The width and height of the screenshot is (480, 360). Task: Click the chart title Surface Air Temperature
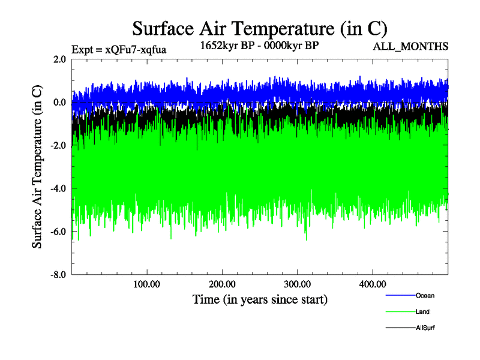point(259,28)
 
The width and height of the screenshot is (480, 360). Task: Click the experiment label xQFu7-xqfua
point(118,49)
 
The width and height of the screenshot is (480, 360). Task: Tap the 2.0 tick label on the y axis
point(59,59)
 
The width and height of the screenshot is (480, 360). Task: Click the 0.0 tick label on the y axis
point(59,103)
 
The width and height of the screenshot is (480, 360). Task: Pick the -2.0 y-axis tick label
point(58,146)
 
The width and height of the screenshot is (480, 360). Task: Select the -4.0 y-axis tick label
point(58,189)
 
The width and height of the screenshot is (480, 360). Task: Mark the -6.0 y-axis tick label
point(58,232)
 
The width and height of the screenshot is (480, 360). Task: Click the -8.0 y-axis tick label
point(58,275)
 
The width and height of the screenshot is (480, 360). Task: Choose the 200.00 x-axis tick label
point(222,284)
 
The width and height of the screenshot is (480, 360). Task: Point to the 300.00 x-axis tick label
point(297,284)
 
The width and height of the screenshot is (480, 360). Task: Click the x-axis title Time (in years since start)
point(259,299)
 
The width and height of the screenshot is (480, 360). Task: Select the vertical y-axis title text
point(37,167)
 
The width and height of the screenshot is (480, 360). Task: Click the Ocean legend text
point(425,295)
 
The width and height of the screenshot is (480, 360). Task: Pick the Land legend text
point(422,312)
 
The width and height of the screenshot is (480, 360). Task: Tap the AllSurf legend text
point(425,328)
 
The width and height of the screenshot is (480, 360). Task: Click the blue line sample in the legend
point(400,295)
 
